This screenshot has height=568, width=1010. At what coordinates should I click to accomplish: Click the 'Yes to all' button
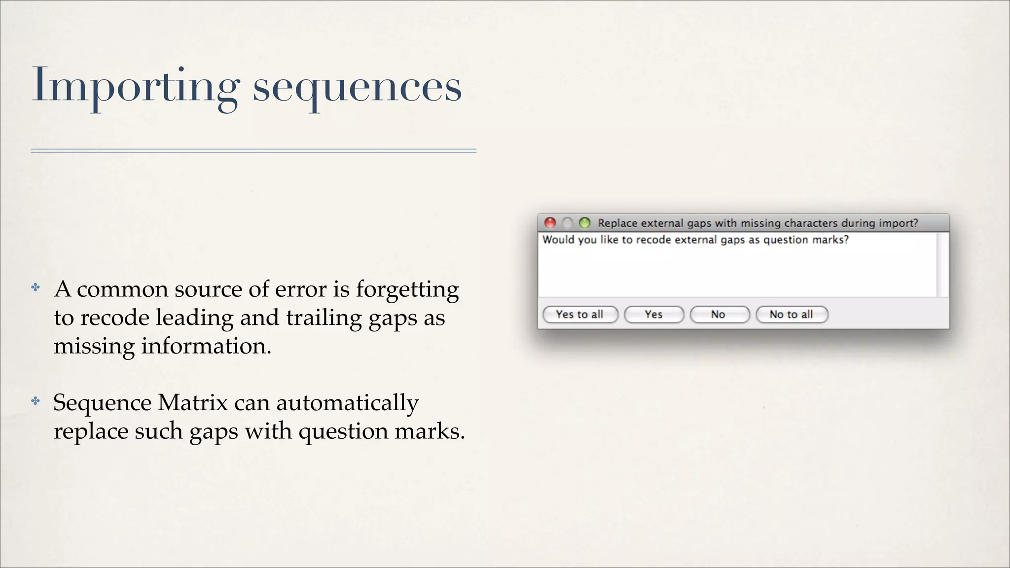(580, 315)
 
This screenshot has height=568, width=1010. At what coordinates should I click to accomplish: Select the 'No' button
(719, 315)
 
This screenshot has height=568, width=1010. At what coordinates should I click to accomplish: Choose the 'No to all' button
(791, 315)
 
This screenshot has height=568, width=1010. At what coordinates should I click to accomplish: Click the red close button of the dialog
(550, 223)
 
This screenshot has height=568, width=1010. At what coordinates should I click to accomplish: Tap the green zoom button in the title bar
(584, 223)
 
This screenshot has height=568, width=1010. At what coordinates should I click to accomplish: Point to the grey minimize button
(567, 223)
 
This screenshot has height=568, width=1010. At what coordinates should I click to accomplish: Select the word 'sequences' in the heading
(357, 88)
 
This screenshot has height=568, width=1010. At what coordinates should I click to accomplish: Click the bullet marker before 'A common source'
(36, 287)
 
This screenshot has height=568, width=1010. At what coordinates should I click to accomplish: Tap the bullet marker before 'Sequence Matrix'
(36, 401)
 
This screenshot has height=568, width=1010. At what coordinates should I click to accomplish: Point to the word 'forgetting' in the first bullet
(407, 289)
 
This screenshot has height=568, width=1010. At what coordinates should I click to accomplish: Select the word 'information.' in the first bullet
(206, 346)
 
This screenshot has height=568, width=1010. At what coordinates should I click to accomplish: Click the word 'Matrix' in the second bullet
(192, 403)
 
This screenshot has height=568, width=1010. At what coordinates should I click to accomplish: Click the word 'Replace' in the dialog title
(617, 223)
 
